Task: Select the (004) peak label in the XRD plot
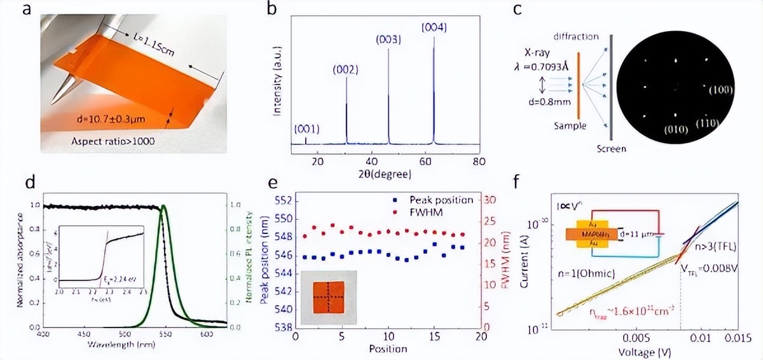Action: [x=435, y=27]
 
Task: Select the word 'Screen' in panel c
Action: [x=612, y=149]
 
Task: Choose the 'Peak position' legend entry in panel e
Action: [x=441, y=199]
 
